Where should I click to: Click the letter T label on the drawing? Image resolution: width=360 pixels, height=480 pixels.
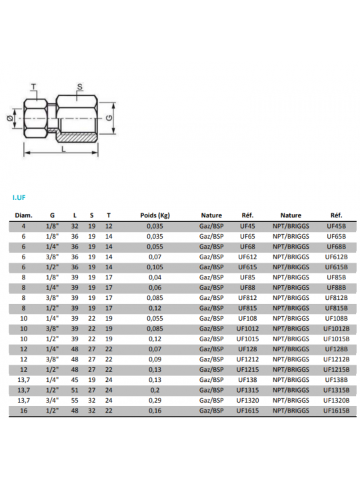[34, 87]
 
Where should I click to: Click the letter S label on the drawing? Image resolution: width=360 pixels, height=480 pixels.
[80, 87]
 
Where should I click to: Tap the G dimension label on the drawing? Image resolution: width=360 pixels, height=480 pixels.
[109, 118]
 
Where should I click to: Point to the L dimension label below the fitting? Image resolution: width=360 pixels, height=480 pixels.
[64, 149]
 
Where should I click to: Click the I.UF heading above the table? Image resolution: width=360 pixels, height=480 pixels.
[19, 197]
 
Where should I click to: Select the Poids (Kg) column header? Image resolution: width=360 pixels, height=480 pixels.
[155, 215]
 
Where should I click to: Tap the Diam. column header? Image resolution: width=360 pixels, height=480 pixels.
[23, 215]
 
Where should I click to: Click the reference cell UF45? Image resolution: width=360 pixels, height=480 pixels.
[247, 226]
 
